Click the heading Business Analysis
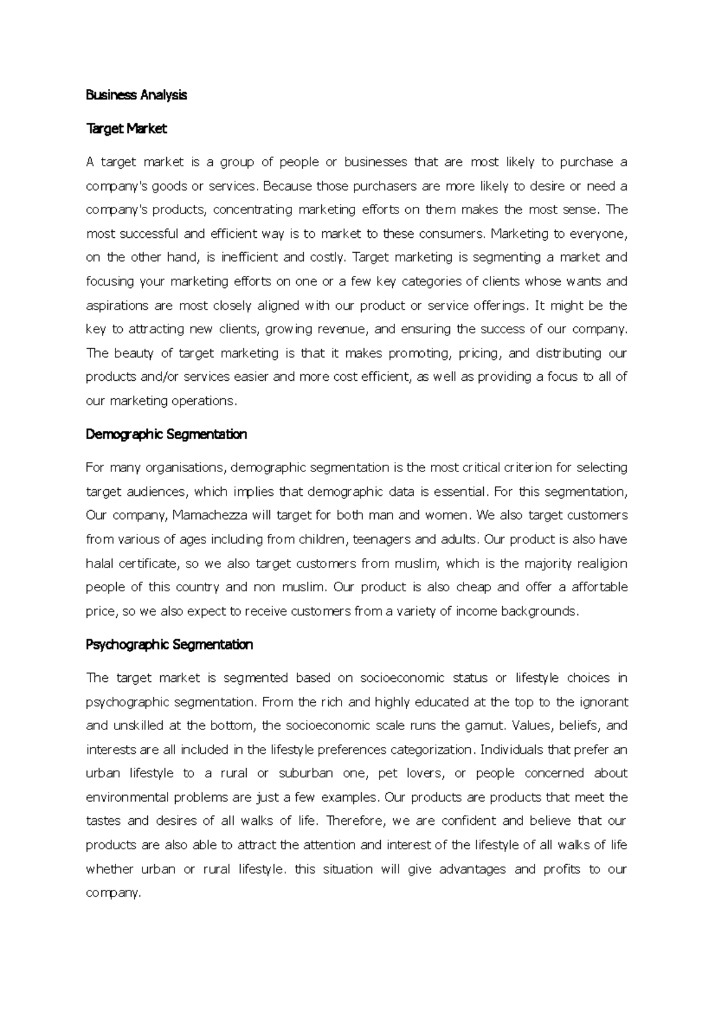point(136,95)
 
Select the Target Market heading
point(126,128)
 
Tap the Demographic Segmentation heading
point(166,434)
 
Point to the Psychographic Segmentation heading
point(169,644)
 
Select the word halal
point(100,563)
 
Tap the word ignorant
point(605,701)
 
